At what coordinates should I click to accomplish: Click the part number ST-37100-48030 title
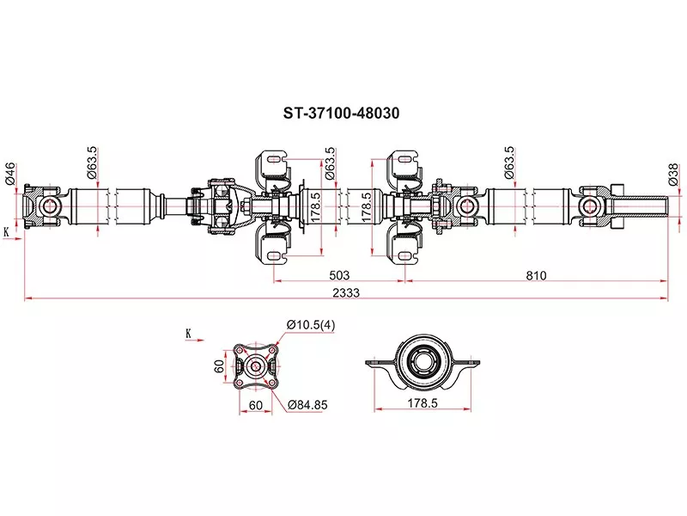click(342, 113)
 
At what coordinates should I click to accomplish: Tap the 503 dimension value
click(339, 275)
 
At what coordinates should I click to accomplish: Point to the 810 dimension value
click(537, 275)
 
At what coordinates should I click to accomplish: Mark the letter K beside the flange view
click(188, 332)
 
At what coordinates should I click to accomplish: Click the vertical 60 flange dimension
click(220, 365)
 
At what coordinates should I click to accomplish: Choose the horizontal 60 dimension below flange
click(255, 402)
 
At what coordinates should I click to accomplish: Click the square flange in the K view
click(256, 365)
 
